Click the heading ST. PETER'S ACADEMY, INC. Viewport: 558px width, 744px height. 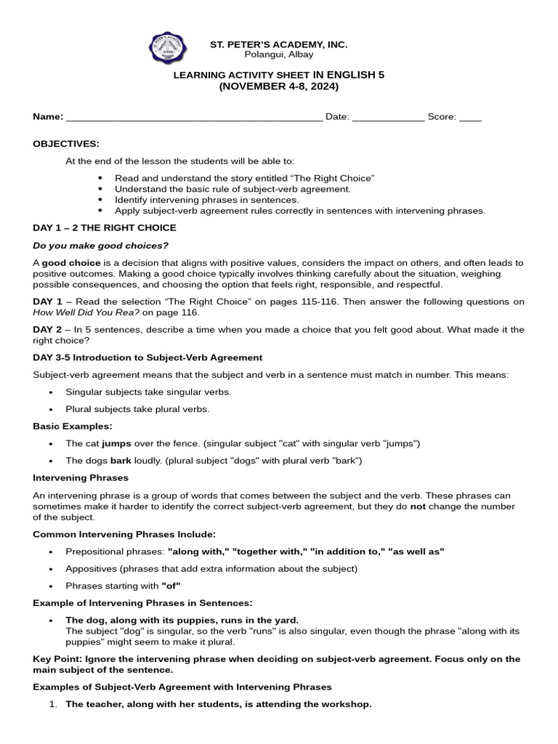tap(278, 45)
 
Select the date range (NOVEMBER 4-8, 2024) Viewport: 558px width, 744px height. tap(278, 86)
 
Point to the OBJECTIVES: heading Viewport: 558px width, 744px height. tap(66, 144)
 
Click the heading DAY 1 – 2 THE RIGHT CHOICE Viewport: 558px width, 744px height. tap(105, 227)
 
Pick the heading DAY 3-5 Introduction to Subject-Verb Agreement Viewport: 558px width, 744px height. tap(147, 357)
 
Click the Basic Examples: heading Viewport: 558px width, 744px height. tap(73, 426)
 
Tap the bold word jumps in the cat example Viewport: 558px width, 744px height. tap(116, 443)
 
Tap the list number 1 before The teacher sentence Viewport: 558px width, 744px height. tap(53, 704)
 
